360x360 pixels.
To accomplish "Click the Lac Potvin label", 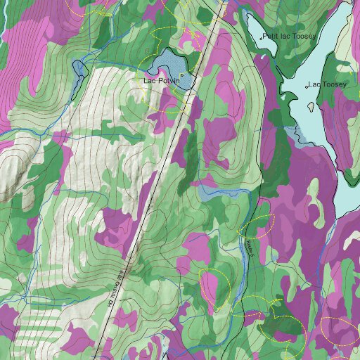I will pyautogui.click(x=162, y=81).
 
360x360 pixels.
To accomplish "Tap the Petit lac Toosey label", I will pyautogui.click(x=290, y=36).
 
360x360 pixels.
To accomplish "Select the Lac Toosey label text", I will pyautogui.click(x=328, y=84).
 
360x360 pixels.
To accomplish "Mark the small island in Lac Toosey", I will pyautogui.click(x=310, y=107).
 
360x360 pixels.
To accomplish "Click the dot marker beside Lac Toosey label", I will pyautogui.click(x=307, y=86).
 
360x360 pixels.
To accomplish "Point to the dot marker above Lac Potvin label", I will pyautogui.click(x=181, y=75).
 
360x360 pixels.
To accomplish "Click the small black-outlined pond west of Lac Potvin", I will pyautogui.click(x=80, y=69).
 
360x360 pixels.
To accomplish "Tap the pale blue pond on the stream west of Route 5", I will pyautogui.click(x=208, y=191).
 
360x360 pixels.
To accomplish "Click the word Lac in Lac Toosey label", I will pyautogui.click(x=314, y=84).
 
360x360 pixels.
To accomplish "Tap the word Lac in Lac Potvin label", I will pyautogui.click(x=149, y=81).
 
